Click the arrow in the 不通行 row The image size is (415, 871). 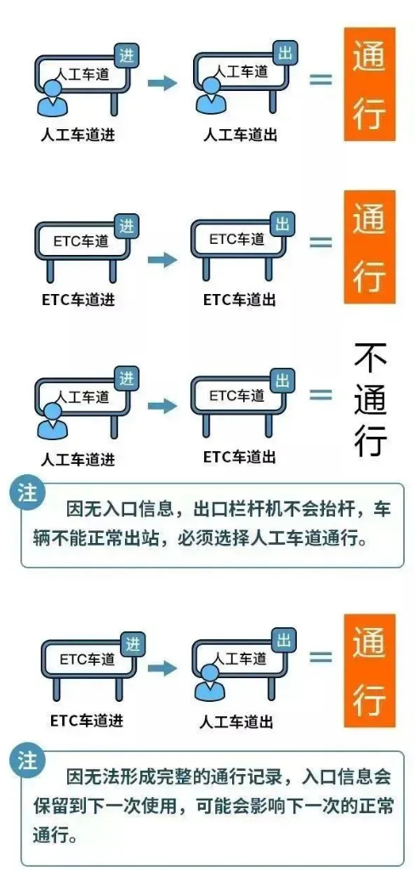point(162,406)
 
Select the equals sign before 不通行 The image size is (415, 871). point(321,395)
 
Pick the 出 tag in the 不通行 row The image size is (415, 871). point(283,381)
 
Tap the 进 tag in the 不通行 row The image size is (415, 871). point(126,379)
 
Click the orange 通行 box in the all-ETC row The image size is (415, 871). point(369,246)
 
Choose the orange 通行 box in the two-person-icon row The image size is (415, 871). point(369,84)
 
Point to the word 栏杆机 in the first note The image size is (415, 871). point(263,509)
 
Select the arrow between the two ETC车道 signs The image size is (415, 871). point(162,259)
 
